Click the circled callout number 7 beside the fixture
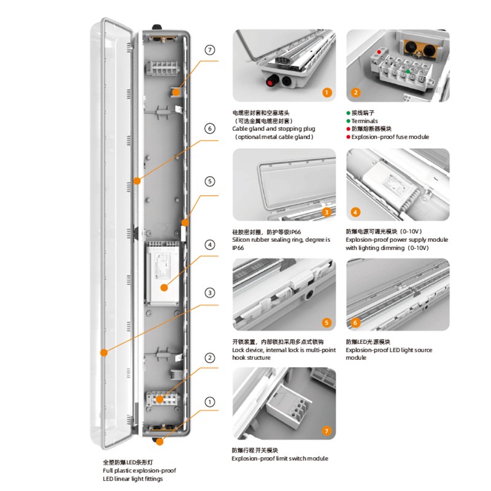click(x=210, y=50)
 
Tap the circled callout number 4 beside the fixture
click(x=210, y=245)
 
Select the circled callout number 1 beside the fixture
click(x=210, y=403)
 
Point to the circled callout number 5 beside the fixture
click(x=210, y=182)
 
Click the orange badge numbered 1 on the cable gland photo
click(x=327, y=93)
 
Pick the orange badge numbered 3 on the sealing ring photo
click(x=327, y=212)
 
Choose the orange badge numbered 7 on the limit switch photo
click(x=327, y=431)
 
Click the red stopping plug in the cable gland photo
click(x=268, y=80)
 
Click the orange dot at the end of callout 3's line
click(x=104, y=352)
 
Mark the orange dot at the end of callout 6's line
click(x=137, y=181)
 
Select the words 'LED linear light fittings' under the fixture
click(x=133, y=479)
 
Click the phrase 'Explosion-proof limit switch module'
click(x=279, y=458)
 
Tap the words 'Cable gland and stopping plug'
click(x=274, y=130)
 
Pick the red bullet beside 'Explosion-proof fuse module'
click(x=349, y=137)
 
